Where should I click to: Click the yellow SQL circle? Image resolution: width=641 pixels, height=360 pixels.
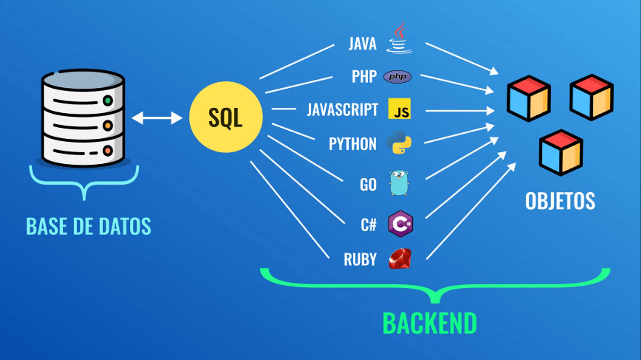tap(226, 117)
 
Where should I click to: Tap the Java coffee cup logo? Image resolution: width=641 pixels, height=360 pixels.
tap(399, 40)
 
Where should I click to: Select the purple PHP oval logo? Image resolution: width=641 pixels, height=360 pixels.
tap(397, 77)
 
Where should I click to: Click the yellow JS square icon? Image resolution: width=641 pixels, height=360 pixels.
tap(399, 109)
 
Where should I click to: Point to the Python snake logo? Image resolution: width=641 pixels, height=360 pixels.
tap(399, 142)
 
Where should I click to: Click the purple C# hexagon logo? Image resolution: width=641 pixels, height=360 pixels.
tap(400, 224)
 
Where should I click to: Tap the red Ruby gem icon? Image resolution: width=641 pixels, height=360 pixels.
tap(400, 258)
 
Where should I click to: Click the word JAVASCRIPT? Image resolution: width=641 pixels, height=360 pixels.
tap(342, 110)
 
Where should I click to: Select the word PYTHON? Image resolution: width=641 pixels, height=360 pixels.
tap(353, 144)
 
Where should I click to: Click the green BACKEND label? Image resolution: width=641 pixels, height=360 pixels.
tap(429, 323)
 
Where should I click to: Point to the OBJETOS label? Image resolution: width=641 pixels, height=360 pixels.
tap(560, 201)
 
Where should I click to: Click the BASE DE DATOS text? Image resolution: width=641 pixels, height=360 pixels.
tap(88, 226)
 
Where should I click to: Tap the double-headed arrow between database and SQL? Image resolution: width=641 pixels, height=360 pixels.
tap(157, 118)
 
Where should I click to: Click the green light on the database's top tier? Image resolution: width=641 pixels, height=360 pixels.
tap(108, 101)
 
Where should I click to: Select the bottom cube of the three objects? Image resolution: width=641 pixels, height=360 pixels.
tap(561, 153)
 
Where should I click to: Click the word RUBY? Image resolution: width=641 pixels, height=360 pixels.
tap(360, 259)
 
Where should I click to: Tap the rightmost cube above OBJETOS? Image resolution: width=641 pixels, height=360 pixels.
tap(591, 97)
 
